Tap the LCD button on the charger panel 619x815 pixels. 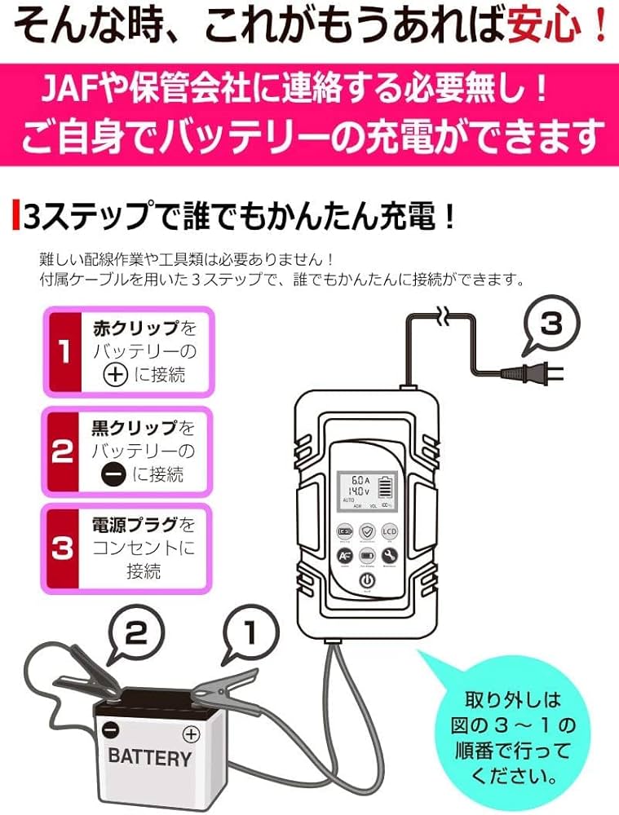pyautogui.click(x=389, y=531)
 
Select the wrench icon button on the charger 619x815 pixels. pyautogui.click(x=389, y=555)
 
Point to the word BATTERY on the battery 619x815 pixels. pyautogui.click(x=149, y=757)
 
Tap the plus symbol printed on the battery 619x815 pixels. pyautogui.click(x=191, y=733)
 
